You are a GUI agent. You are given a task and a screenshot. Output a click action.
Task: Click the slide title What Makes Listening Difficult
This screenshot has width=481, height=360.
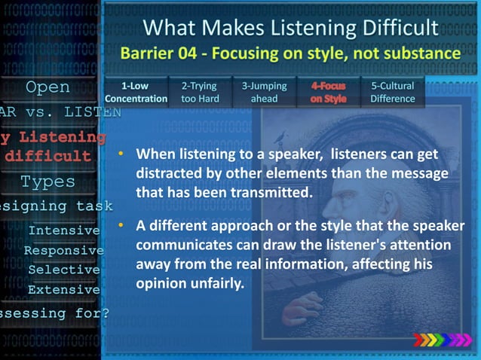[290, 28]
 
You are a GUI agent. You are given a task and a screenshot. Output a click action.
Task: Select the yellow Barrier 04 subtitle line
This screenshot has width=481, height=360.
[290, 54]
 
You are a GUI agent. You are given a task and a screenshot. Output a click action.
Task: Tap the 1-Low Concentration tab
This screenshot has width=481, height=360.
[136, 93]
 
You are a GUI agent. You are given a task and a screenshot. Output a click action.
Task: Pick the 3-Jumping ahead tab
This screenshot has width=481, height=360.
[264, 93]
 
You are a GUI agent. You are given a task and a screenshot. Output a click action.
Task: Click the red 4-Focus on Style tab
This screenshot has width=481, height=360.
[329, 93]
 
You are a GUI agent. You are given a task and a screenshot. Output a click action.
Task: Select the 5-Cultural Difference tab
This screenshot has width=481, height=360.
[392, 93]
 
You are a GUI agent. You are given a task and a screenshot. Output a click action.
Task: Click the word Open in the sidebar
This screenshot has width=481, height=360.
[48, 87]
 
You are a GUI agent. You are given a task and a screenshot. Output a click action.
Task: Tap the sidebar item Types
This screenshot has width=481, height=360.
[47, 182]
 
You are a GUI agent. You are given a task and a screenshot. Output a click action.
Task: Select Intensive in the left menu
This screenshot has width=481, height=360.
[63, 230]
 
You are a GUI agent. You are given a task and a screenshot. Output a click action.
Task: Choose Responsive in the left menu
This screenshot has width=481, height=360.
[63, 250]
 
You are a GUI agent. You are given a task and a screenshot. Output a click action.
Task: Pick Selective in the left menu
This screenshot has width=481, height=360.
[63, 270]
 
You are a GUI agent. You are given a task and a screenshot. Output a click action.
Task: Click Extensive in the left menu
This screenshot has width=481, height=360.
[63, 289]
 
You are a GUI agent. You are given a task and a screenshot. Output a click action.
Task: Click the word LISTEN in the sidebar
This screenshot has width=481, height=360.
[91, 111]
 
